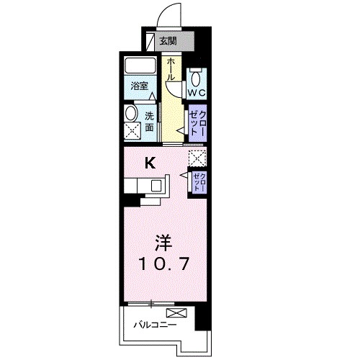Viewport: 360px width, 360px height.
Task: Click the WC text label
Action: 197,93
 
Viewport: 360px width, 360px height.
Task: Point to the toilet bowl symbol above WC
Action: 197,78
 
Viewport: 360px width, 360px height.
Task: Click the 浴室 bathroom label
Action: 139,86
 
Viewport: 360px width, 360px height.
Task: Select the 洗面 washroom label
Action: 149,122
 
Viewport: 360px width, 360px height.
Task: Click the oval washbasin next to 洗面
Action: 130,113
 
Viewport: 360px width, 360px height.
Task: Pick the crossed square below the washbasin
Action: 132,132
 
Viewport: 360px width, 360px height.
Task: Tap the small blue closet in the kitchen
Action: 198,181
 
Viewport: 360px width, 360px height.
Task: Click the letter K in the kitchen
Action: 150,163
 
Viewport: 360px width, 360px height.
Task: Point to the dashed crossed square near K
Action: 197,158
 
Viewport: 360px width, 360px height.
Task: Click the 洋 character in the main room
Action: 164,240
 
